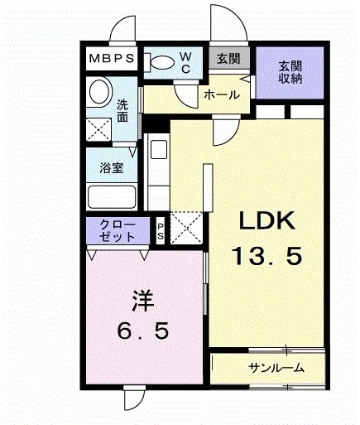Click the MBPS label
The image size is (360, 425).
(x=111, y=60)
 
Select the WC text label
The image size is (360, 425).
(x=186, y=63)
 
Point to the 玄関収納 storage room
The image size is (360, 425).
(x=290, y=71)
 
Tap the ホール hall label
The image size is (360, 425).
(x=222, y=95)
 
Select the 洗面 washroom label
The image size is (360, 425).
(x=122, y=111)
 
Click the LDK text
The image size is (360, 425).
(x=267, y=221)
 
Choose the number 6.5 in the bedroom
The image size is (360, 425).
(x=142, y=331)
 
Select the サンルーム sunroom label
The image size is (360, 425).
(x=276, y=368)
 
